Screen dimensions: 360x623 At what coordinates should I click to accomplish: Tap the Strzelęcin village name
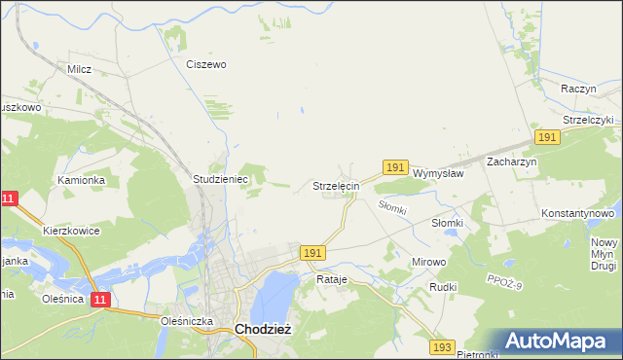[337, 185]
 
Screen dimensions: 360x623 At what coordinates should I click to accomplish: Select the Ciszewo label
[206, 64]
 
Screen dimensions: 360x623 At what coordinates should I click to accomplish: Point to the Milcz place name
[79, 69]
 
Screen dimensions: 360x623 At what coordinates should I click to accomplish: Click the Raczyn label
[578, 88]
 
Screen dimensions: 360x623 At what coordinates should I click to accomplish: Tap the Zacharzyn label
[512, 162]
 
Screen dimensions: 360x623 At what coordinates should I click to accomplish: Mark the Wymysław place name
[437, 173]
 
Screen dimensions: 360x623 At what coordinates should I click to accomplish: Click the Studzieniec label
[221, 180]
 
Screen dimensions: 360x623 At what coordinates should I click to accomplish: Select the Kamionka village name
[80, 180]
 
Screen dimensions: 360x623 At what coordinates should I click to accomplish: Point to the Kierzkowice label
[71, 232]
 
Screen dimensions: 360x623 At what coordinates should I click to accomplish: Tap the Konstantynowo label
[578, 212]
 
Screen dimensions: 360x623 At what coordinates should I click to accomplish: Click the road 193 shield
[443, 346]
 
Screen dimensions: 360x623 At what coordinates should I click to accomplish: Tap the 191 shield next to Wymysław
[394, 168]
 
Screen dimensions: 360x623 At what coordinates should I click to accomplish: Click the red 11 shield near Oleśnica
[101, 301]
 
